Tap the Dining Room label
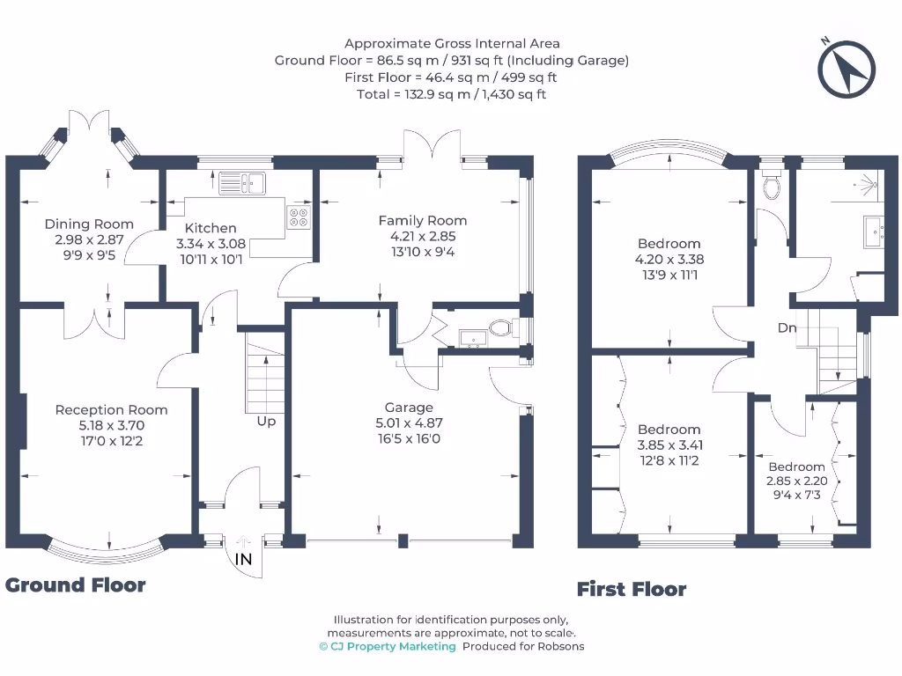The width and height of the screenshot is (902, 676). [x=89, y=224]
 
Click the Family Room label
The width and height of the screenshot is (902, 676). [x=423, y=221]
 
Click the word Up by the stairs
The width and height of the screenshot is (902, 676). [x=266, y=422]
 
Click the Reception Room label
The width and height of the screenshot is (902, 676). [x=111, y=409]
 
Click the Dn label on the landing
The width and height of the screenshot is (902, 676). [x=787, y=327]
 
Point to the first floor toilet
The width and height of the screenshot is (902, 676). [x=773, y=186]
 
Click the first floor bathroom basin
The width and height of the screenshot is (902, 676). [x=876, y=231]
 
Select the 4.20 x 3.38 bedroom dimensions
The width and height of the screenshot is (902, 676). [x=669, y=260]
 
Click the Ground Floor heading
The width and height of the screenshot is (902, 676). [x=76, y=584]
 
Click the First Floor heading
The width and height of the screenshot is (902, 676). [x=631, y=589]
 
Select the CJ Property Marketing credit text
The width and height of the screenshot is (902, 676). [x=388, y=646]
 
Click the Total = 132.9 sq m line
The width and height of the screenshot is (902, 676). [x=451, y=93]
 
